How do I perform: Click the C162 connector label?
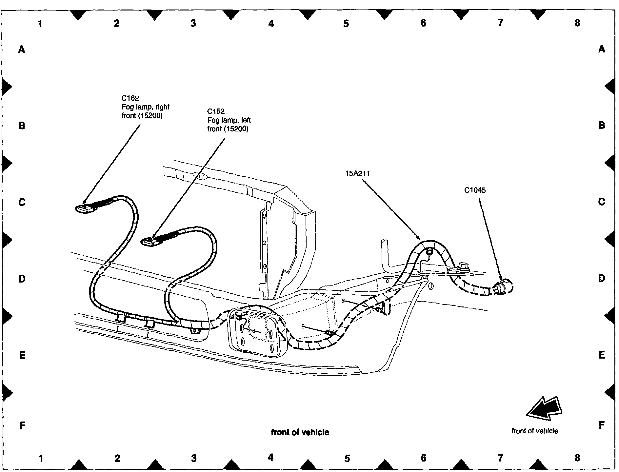(x=130, y=98)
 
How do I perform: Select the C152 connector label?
(x=216, y=111)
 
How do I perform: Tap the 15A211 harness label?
(x=357, y=173)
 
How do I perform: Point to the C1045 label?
(x=475, y=190)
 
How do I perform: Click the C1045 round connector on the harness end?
(x=505, y=287)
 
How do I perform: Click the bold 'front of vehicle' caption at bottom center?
(x=300, y=432)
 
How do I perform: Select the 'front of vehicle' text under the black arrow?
(x=534, y=431)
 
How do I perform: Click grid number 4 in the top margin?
(x=271, y=24)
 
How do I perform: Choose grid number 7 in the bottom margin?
(x=500, y=458)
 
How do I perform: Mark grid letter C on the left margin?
(x=22, y=202)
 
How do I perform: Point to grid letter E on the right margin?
(x=602, y=355)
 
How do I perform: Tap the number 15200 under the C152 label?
(x=236, y=129)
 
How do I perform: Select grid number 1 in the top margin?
(x=40, y=24)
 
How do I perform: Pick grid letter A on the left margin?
(x=22, y=49)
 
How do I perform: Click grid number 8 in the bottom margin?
(x=577, y=458)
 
